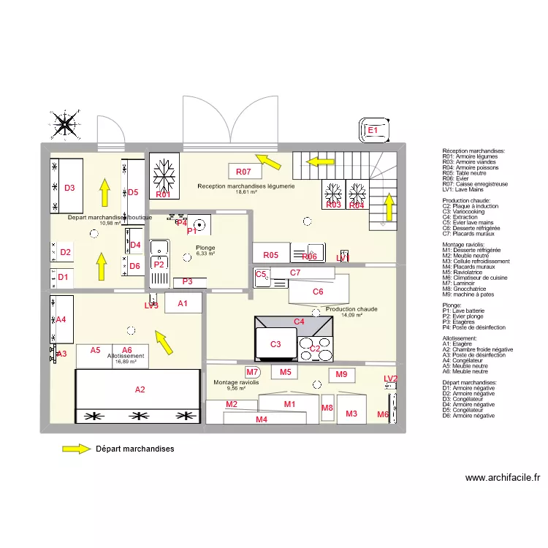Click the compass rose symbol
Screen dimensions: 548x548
[65, 124]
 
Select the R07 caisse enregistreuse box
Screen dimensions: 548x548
[243, 172]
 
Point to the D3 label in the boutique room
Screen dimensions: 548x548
[69, 188]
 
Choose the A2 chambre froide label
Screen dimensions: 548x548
[140, 389]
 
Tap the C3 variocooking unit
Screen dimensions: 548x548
[275, 344]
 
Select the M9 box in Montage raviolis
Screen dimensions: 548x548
[341, 375]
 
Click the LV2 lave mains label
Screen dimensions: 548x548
[391, 378]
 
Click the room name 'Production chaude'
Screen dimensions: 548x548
[351, 309]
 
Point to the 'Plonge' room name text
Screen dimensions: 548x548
[205, 248]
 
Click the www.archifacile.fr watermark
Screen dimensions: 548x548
[503, 478]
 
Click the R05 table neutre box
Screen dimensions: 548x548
[271, 255]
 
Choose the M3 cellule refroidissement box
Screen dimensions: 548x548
[351, 414]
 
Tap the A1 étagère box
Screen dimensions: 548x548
[183, 303]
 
